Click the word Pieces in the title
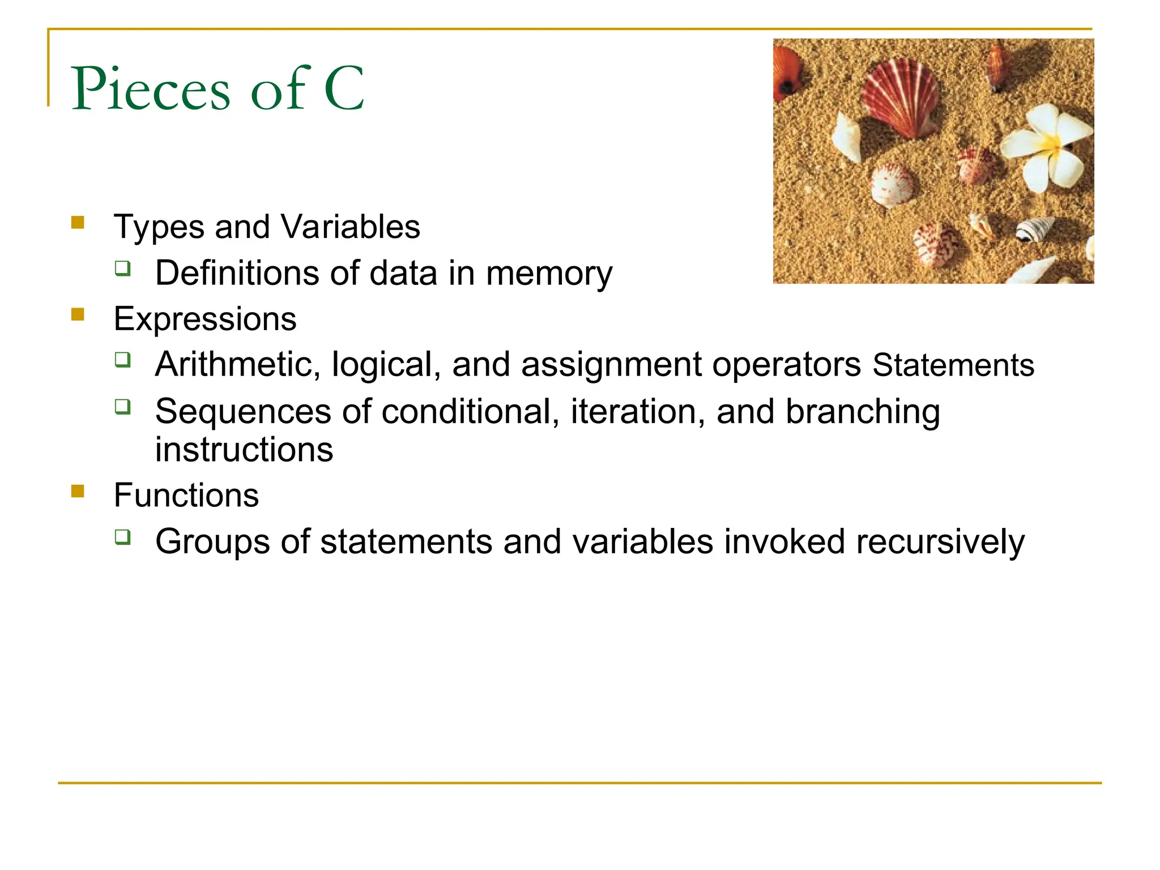click(151, 89)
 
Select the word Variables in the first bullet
click(351, 227)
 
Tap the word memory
click(549, 274)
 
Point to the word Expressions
click(205, 319)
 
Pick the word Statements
click(953, 365)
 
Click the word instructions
click(244, 450)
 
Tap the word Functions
click(186, 496)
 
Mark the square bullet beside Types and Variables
click(78, 222)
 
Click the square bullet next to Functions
click(78, 491)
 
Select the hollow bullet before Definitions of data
click(122, 268)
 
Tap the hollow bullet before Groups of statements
click(122, 536)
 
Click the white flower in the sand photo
click(1046, 146)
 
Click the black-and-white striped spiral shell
click(1034, 229)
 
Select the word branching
click(863, 412)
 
